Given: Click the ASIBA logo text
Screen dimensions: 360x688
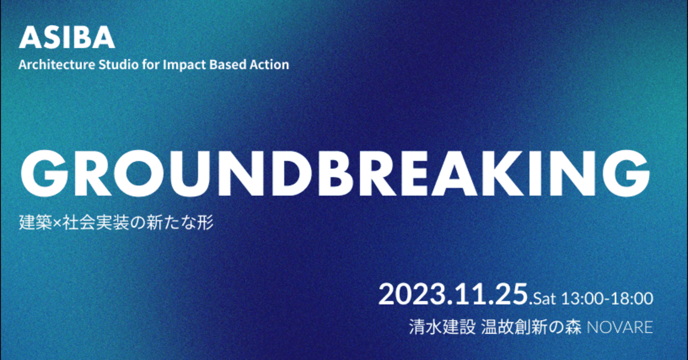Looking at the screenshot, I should tap(67, 38).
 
